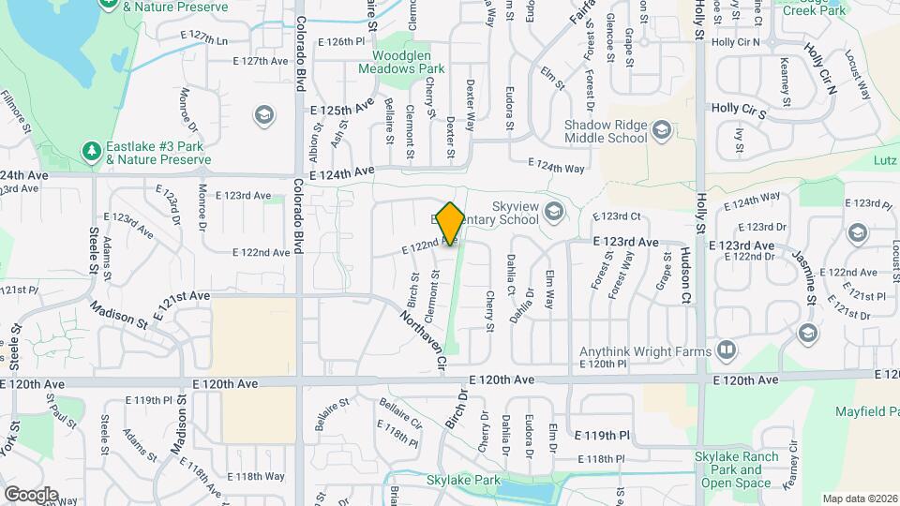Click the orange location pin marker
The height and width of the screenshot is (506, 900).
point(451,224)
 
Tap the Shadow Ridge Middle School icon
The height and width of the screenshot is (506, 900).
point(662,130)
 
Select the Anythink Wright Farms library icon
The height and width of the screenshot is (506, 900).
point(727,351)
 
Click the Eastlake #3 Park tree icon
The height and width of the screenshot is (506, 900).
point(92,151)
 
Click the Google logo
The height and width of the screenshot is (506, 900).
point(31,494)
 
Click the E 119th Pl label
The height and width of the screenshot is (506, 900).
point(602,436)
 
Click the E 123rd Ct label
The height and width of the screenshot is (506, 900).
point(616,216)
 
